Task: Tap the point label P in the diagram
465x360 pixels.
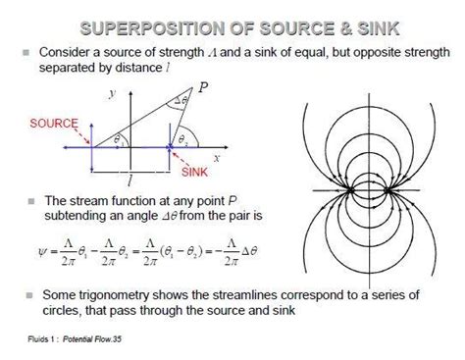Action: tap(203, 86)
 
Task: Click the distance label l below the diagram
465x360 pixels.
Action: tap(129, 181)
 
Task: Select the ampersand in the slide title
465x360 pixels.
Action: tap(326, 24)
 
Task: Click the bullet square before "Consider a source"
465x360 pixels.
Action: tap(27, 50)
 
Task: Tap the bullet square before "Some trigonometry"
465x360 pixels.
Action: tap(27, 294)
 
